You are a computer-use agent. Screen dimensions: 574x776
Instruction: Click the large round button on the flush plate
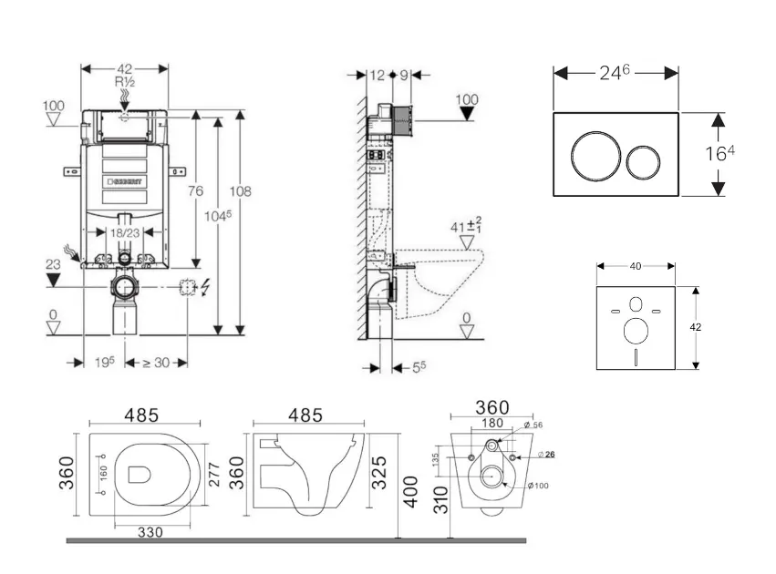(x=593, y=156)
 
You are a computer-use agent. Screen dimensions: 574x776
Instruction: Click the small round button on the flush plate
(x=644, y=162)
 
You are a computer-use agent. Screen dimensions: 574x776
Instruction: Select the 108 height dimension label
(x=241, y=191)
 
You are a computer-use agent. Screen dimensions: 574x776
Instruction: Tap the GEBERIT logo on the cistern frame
(x=126, y=182)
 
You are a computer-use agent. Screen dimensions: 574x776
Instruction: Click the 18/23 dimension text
(x=125, y=233)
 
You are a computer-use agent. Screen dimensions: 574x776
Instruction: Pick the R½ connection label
(x=125, y=81)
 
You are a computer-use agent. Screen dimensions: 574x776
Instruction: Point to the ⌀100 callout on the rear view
(x=541, y=485)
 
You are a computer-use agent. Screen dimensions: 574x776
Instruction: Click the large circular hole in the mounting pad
(x=636, y=328)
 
